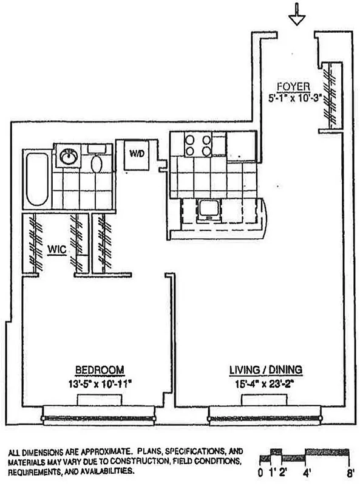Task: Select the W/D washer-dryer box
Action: (x=136, y=154)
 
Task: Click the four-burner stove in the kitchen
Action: (x=198, y=145)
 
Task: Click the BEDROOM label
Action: (x=100, y=369)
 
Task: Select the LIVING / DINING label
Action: (x=266, y=369)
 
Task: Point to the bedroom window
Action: (x=101, y=417)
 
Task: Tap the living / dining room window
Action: (x=265, y=417)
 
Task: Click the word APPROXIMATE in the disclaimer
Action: (x=98, y=453)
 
